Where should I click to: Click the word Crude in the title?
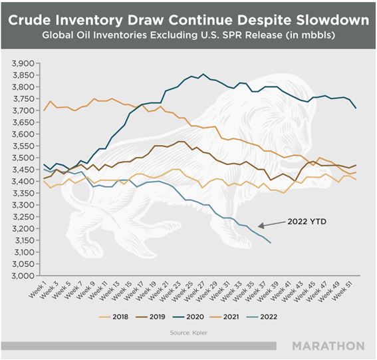coord(29,20)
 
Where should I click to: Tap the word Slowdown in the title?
coord(332,20)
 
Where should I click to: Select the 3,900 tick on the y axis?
coord(23,63)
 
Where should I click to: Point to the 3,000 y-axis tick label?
coord(23,275)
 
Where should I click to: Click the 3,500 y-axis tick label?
coord(23,158)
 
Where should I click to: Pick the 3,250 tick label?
coord(23,217)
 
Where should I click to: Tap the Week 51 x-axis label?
coord(342,291)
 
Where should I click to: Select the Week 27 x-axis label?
coord(195,291)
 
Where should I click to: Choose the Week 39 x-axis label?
coord(267,291)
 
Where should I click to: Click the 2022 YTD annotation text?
coord(307,222)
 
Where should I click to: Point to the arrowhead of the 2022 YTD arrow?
coord(259,226)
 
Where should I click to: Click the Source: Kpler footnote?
coord(189,333)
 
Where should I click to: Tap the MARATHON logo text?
coord(328,346)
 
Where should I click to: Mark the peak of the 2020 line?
coord(203,74)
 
